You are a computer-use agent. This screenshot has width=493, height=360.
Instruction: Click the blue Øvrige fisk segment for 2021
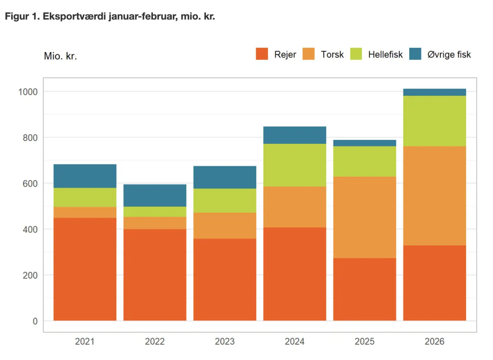coord(85,176)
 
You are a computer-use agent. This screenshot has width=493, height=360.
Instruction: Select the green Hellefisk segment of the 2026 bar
coord(434,121)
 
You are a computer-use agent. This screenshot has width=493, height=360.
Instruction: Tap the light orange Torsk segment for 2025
coord(365,217)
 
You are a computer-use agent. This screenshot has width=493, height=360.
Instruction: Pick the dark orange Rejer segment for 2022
coord(155,275)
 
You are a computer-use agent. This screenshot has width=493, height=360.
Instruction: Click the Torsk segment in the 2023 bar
coord(225,226)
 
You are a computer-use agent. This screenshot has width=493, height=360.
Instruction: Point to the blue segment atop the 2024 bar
coord(294,135)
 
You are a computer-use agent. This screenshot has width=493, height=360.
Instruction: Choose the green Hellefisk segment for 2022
coord(155,212)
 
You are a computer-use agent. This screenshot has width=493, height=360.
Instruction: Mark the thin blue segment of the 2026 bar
coord(434,92)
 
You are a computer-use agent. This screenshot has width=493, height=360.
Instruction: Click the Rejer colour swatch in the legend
coord(262,54)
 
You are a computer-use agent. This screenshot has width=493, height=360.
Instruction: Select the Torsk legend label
coord(332,54)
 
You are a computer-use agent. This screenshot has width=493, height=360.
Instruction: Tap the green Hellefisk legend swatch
coord(356,54)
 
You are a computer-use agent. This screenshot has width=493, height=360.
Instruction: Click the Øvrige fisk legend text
coord(449,54)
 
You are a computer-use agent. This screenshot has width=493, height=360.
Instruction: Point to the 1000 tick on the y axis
coord(28,92)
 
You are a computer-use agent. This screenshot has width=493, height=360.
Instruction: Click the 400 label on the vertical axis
coord(30,230)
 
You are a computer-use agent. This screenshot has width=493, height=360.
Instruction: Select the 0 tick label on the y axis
coord(35,321)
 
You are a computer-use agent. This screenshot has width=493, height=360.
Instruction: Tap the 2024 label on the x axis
coord(294,341)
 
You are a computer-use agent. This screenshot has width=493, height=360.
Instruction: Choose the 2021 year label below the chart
coord(85,341)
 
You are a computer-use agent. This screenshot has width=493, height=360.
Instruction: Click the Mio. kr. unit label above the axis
coord(60,56)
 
